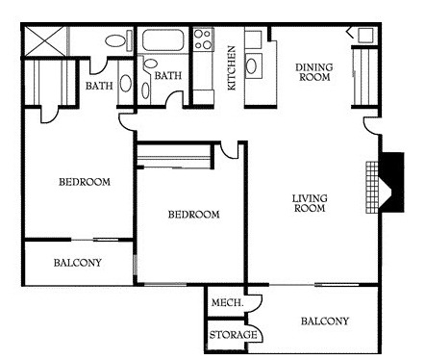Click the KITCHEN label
(x=232, y=68)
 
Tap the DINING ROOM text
(x=314, y=72)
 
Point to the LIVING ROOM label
(x=310, y=203)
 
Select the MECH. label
(x=227, y=302)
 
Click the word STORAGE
(x=233, y=335)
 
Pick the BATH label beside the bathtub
(x=168, y=76)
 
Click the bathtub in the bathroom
(x=163, y=40)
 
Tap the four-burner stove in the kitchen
(x=204, y=39)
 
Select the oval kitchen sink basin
(x=251, y=65)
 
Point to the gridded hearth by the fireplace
(x=373, y=188)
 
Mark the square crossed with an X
(x=45, y=41)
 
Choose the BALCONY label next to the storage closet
(x=325, y=321)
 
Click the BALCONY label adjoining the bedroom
(x=78, y=263)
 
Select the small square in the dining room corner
(x=365, y=35)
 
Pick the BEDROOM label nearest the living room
(x=194, y=215)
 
